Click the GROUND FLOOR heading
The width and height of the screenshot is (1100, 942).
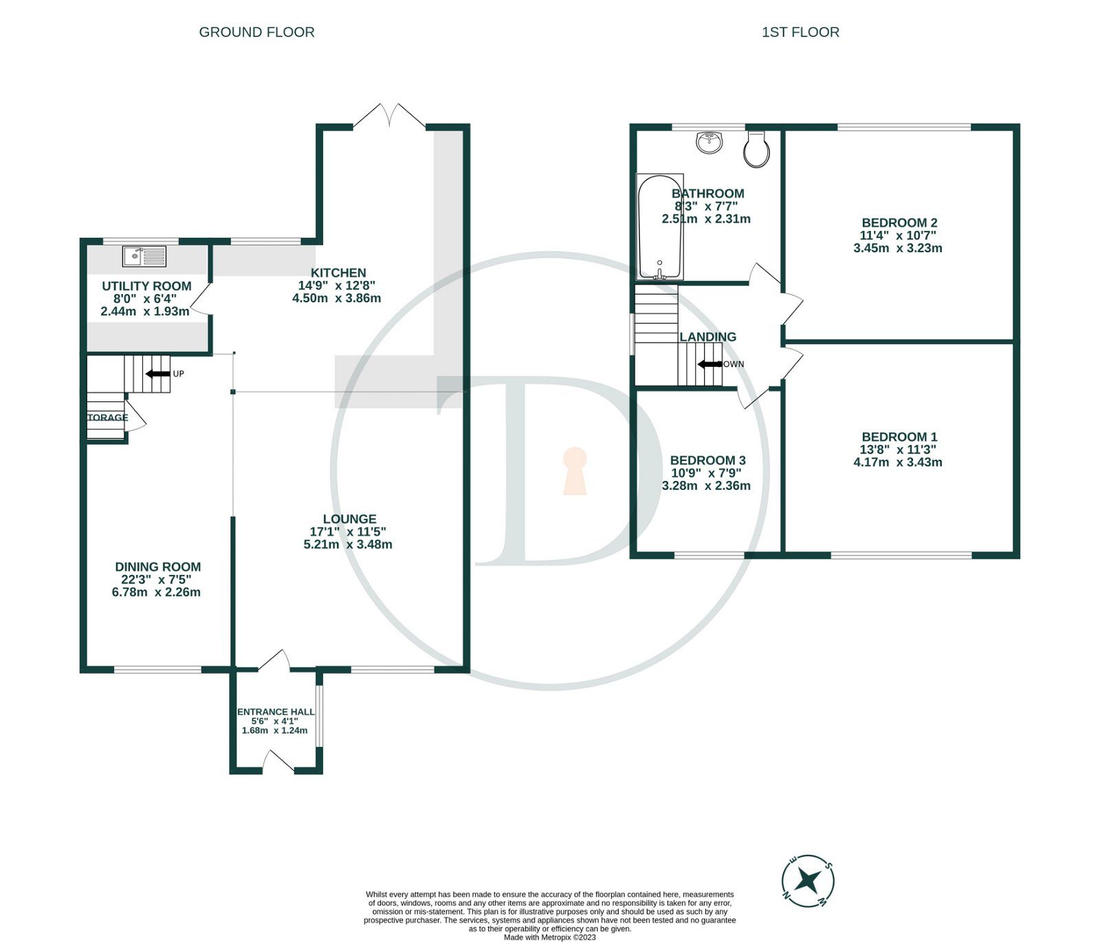point(256,32)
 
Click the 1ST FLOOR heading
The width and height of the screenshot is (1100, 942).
point(800,32)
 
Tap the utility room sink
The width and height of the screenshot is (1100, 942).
point(144,256)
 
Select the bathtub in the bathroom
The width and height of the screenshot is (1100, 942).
point(660,227)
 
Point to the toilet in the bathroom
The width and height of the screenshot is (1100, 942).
point(756,150)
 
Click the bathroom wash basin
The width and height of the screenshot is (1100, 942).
point(709,142)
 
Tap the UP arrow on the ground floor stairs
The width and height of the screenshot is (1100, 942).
point(158,374)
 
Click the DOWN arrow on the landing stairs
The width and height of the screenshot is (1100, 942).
point(708,364)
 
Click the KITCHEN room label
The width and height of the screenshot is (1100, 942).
point(338,273)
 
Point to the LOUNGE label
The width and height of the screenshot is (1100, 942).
point(349,519)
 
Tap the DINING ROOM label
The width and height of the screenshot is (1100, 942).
point(157,567)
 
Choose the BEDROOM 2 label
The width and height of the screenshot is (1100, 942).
point(899,223)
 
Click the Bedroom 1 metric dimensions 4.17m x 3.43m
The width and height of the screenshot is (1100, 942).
point(898,462)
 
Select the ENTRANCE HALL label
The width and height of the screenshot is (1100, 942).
point(276,712)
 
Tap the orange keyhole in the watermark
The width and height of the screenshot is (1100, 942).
point(575,471)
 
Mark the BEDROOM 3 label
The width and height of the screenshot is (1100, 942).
point(707,460)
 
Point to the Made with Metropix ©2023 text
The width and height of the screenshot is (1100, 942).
point(550,937)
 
